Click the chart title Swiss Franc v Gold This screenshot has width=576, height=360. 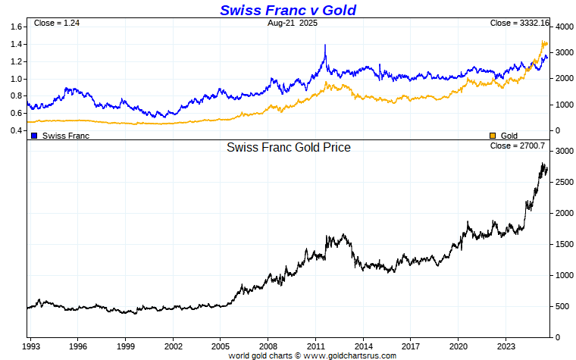tap(287, 10)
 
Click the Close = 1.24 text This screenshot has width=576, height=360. tap(57, 23)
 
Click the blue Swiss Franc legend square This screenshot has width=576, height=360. tap(34, 136)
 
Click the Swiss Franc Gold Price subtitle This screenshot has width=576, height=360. tap(289, 148)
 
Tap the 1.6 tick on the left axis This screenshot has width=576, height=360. tap(16, 27)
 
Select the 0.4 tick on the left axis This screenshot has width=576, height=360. tap(16, 130)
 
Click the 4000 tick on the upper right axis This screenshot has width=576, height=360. tap(563, 27)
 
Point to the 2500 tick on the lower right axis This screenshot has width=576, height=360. tap(563, 183)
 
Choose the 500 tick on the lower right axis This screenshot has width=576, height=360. tap(561, 306)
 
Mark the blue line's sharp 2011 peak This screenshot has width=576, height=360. tap(325, 45)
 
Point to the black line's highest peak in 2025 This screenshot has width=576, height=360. tap(543, 163)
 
